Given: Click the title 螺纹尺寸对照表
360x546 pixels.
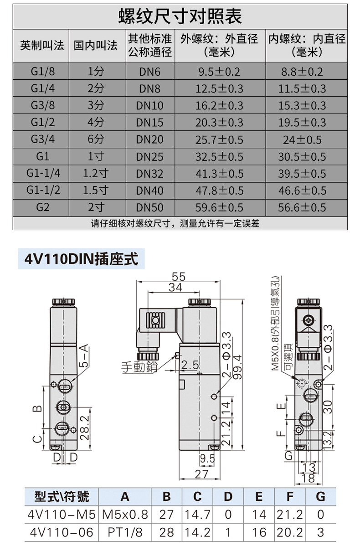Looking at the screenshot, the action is tap(180, 16).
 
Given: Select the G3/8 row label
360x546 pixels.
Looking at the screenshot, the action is tap(42, 105).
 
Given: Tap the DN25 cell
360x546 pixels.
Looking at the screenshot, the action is tap(150, 157).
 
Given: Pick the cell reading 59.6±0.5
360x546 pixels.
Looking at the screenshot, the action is tap(219, 207).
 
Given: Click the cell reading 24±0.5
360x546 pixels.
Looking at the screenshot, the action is tap(302, 139).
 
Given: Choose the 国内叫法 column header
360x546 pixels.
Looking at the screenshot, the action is tap(95, 45).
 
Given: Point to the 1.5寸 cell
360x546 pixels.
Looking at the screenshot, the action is tap(96, 191).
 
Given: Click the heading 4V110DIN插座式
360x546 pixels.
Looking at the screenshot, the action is tap(81, 259).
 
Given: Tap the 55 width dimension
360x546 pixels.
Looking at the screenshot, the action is tap(179, 277).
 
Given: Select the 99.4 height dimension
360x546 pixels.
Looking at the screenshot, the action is tap(237, 367).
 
